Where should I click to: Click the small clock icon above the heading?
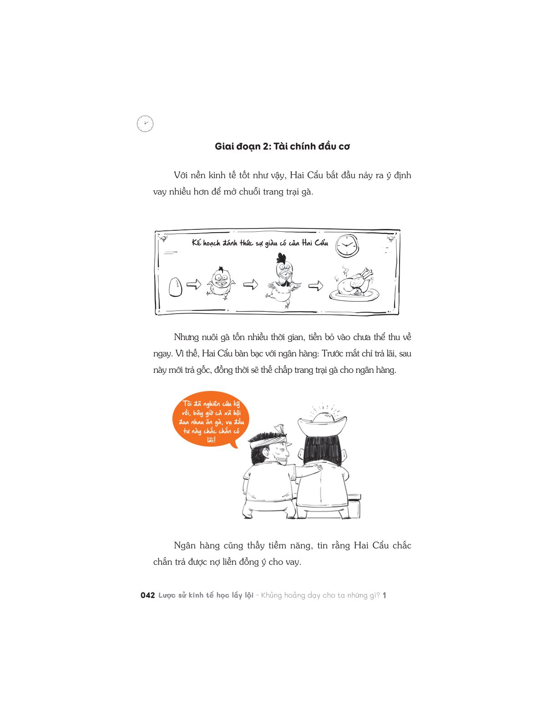pyautogui.click(x=145, y=124)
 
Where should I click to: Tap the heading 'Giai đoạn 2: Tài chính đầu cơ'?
pyautogui.click(x=282, y=146)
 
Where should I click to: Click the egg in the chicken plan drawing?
pyautogui.click(x=176, y=287)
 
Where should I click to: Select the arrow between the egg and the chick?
pyautogui.click(x=194, y=284)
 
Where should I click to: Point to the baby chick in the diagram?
pyautogui.click(x=221, y=283)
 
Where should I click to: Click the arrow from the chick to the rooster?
pyautogui.click(x=250, y=284)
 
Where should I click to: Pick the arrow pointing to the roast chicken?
pyautogui.click(x=315, y=285)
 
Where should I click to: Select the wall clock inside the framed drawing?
pyautogui.click(x=347, y=245)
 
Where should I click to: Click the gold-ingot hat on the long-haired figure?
pyautogui.click(x=322, y=423)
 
